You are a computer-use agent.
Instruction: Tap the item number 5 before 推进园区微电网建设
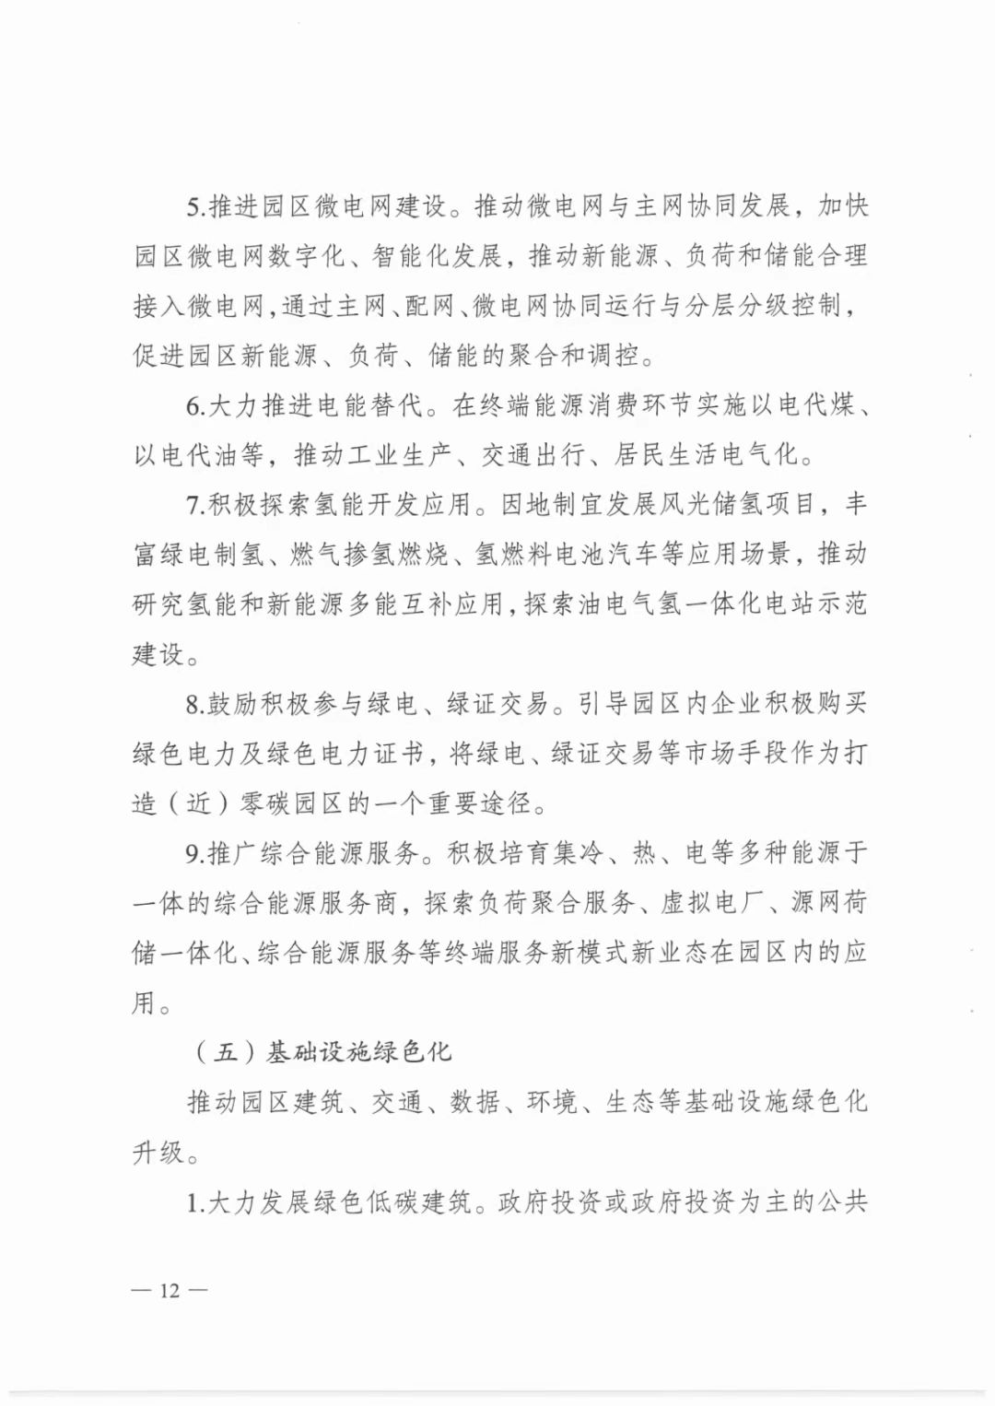click(193, 206)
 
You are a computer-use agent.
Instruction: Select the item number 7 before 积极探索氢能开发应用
click(193, 505)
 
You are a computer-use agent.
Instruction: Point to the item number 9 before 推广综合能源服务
click(193, 853)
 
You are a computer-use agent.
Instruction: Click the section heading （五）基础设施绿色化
click(322, 1051)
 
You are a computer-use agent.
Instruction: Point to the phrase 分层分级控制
click(764, 306)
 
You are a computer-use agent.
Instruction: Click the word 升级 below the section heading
click(158, 1151)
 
